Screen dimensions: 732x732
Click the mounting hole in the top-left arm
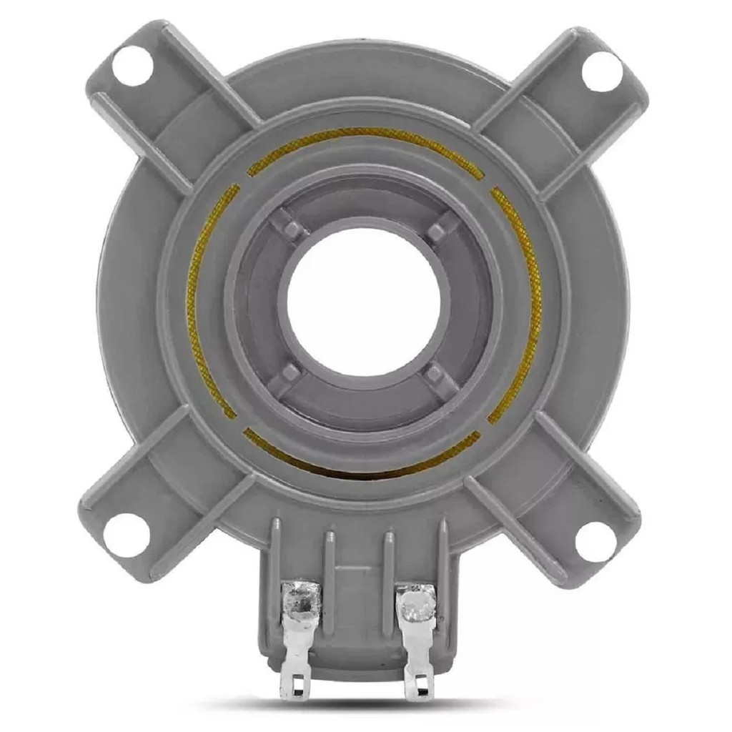click(132, 66)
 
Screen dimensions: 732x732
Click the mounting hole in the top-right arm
click(601, 71)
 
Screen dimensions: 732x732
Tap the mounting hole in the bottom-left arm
click(127, 535)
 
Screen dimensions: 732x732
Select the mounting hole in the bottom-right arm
click(595, 542)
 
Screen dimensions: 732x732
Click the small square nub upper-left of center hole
click(293, 229)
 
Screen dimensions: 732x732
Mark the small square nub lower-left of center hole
click(290, 373)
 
